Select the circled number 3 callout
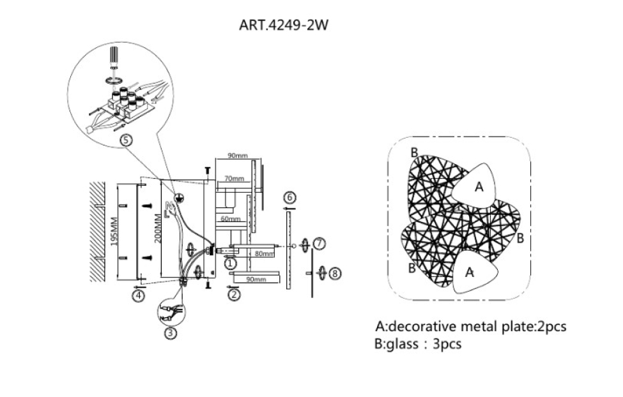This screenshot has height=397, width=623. pyautogui.click(x=170, y=332)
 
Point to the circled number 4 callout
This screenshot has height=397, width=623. pyautogui.click(x=139, y=296)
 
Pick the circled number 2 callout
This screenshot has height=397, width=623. pyautogui.click(x=234, y=294)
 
